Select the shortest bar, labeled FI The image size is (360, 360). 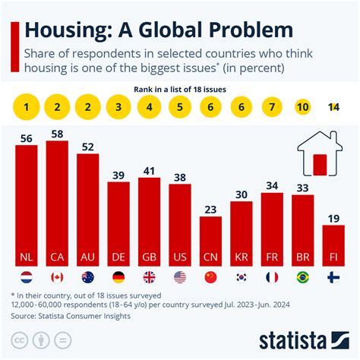[x=333, y=243]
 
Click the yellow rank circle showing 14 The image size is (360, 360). [x=333, y=107]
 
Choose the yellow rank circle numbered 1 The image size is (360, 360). [x=27, y=107]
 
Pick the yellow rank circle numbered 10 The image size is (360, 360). [x=302, y=107]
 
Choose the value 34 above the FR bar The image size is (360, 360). [x=272, y=185]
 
